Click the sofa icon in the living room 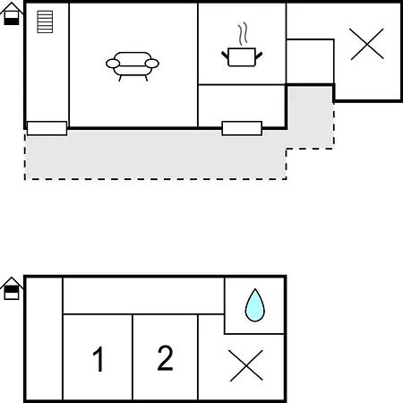click(x=133, y=66)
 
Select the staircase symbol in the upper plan click(x=45, y=21)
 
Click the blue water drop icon click(x=255, y=305)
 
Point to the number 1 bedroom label click(x=99, y=359)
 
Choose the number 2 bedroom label click(x=165, y=358)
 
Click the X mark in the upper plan click(x=367, y=44)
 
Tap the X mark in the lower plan click(x=246, y=365)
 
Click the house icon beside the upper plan click(x=12, y=13)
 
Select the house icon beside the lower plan click(x=12, y=288)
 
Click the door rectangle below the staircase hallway click(x=47, y=128)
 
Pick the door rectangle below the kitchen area click(x=242, y=128)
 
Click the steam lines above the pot click(x=244, y=34)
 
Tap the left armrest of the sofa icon click(x=113, y=64)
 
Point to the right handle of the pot click(x=259, y=56)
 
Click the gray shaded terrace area click(x=155, y=155)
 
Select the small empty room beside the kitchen click(x=310, y=62)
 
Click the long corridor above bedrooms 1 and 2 click(x=143, y=296)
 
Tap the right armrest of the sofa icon click(x=152, y=64)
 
